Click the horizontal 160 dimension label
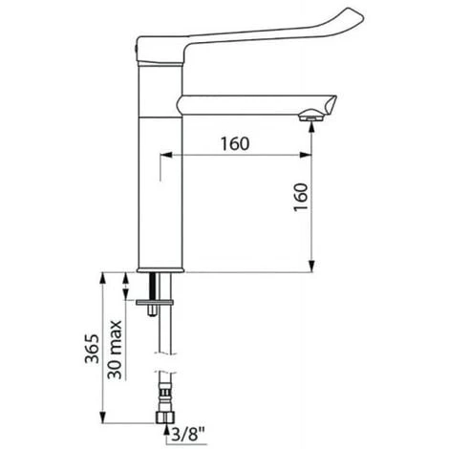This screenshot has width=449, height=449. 235,144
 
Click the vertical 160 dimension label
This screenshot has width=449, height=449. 301,197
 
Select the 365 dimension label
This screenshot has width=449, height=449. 92,349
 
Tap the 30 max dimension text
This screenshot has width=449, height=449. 115,350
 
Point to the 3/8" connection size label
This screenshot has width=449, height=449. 188,434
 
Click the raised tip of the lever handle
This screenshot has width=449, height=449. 355,15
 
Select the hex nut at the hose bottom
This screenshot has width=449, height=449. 166,417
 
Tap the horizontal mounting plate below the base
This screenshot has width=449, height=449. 155,302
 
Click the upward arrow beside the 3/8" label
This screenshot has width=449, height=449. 166,434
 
